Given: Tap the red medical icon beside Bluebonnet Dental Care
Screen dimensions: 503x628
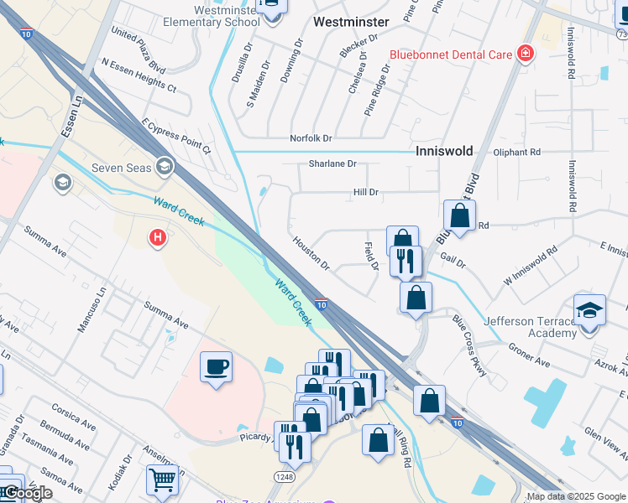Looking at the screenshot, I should (526, 54).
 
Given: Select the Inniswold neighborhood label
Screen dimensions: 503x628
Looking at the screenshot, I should (445, 151).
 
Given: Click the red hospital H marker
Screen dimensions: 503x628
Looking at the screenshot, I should (157, 239).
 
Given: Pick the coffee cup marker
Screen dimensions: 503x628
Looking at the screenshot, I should (216, 367).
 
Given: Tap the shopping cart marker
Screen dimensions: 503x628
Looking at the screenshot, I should (162, 480).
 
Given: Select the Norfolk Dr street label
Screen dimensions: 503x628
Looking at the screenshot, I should (311, 137).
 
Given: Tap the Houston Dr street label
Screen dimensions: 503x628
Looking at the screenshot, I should (311, 252).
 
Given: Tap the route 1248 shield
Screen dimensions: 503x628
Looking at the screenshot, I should (284, 475).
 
